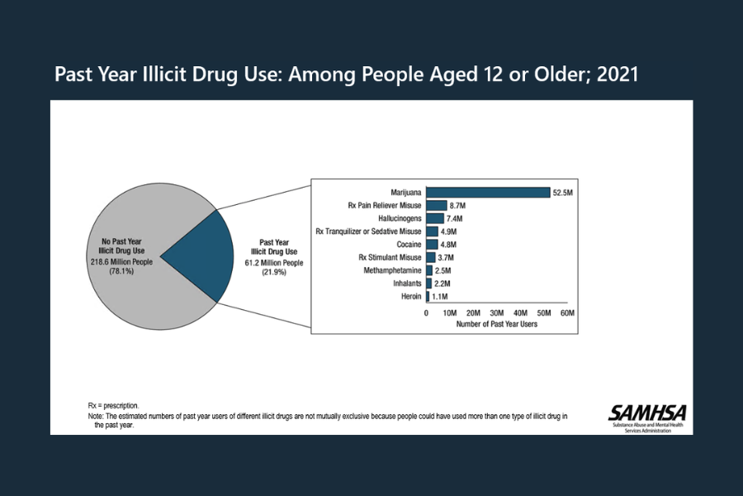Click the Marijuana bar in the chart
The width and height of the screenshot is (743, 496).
point(488,193)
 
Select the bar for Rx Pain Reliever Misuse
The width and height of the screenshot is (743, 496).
point(436,205)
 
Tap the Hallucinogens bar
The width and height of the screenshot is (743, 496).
point(434,218)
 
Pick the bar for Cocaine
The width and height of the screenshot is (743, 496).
point(432,245)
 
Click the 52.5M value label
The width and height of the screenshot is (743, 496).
point(563,193)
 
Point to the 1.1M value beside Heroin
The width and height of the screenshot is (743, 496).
point(440,296)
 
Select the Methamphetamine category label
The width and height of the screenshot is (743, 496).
point(392,270)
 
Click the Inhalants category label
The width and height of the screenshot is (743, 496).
point(405,284)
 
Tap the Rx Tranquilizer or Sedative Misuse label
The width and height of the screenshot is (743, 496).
point(369,231)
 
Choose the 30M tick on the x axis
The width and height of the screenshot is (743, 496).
point(497,313)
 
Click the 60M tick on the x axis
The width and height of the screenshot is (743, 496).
point(567,313)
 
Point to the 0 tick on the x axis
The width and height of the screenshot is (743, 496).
point(426,313)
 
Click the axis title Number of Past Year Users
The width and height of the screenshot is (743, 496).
point(496,325)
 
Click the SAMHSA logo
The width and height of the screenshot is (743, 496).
point(647,413)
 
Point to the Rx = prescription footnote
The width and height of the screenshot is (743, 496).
point(113,405)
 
